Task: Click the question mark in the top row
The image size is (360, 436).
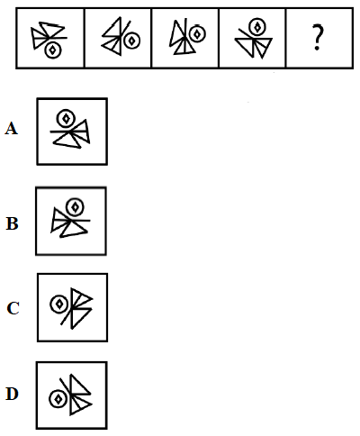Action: pyautogui.click(x=318, y=38)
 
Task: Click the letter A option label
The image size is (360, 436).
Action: pyautogui.click(x=11, y=129)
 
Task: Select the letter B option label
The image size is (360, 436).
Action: pyautogui.click(x=12, y=223)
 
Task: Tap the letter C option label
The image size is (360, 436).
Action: pyautogui.click(x=13, y=308)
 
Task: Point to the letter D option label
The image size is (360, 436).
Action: pyautogui.click(x=12, y=394)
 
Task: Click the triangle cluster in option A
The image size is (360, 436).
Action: pyautogui.click(x=72, y=134)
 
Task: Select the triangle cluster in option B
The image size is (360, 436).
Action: pyautogui.click(x=70, y=223)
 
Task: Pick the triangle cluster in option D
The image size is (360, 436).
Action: pyautogui.click(x=76, y=395)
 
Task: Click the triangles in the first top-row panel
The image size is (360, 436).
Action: pyautogui.click(x=49, y=35)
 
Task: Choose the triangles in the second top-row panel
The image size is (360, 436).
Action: pyautogui.click(x=116, y=36)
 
